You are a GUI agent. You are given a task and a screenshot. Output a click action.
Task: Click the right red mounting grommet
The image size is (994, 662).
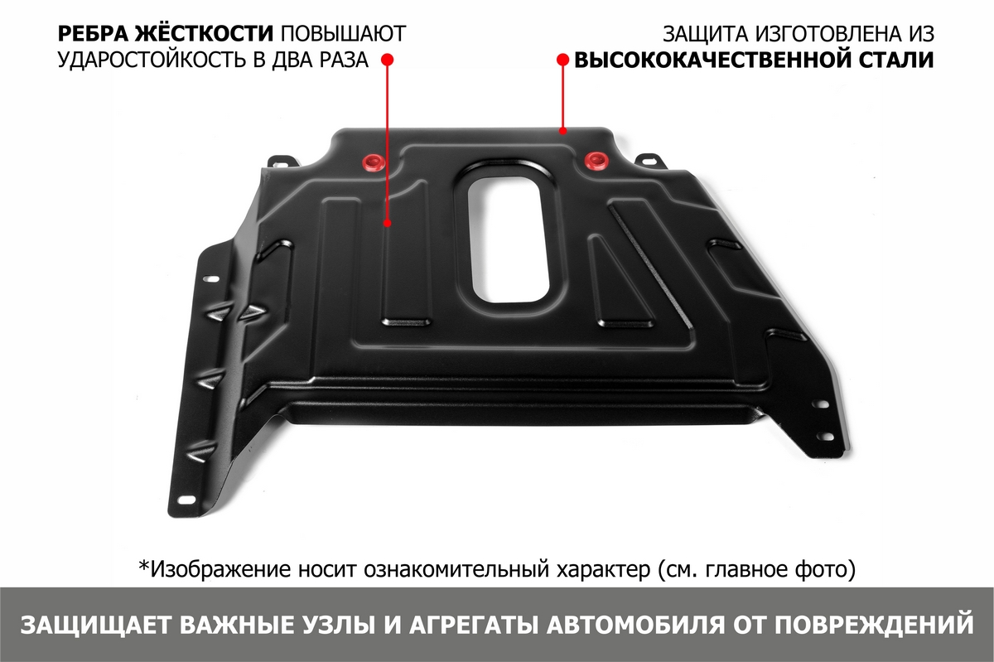tap(595, 160)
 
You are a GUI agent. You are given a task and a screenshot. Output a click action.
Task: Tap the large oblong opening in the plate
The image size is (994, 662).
tap(508, 240)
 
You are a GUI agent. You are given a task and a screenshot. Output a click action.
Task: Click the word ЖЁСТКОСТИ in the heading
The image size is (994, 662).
tap(204, 34)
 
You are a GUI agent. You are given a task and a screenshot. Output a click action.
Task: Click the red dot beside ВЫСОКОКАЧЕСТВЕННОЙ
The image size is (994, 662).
tap(562, 60)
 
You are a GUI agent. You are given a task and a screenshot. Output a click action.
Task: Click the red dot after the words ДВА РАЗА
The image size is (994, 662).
tap(388, 60)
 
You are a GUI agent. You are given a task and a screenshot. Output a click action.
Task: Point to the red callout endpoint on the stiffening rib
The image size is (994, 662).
tap(388, 223)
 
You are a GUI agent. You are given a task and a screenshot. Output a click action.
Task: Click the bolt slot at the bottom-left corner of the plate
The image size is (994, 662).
tap(186, 500)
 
